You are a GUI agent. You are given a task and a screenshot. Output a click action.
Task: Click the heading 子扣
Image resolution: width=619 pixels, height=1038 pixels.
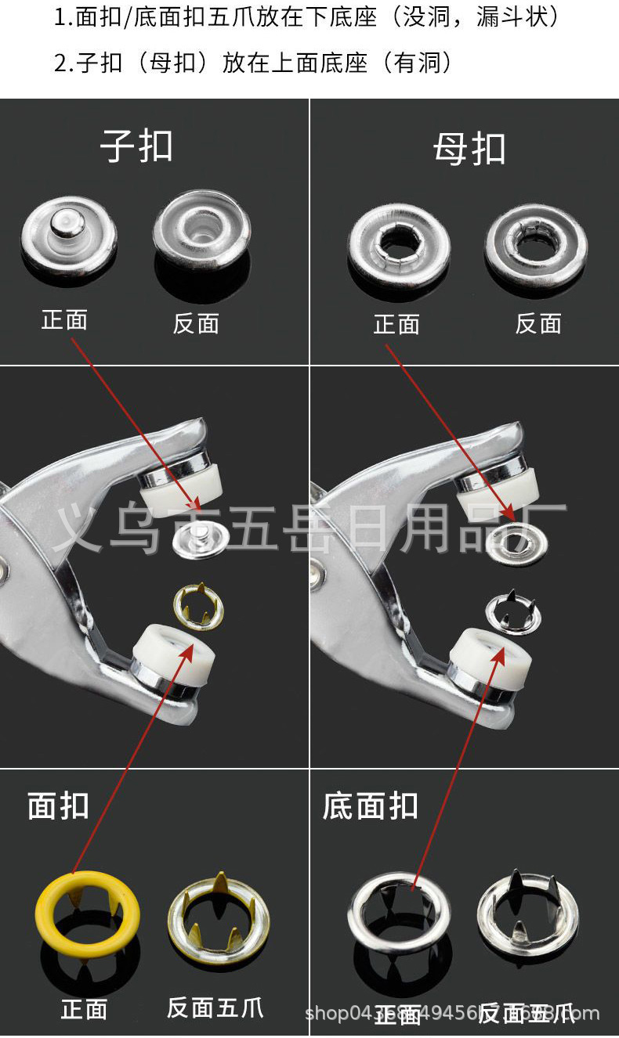137,146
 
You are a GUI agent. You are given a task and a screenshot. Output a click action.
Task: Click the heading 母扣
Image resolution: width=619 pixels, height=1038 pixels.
469,149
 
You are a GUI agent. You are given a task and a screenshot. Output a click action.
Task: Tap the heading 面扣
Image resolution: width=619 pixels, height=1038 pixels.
59,806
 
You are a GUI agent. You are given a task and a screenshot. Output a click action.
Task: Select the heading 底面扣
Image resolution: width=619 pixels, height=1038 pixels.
371,806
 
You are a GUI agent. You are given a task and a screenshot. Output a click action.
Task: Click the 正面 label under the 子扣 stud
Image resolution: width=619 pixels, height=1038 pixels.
64,319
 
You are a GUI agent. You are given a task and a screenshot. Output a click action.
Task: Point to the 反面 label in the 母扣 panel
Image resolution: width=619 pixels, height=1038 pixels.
538,323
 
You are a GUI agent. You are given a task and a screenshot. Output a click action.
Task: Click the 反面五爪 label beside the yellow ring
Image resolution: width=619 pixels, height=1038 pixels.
215,1008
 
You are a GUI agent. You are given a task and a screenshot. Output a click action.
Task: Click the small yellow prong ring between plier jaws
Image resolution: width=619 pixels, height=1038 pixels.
198,607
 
